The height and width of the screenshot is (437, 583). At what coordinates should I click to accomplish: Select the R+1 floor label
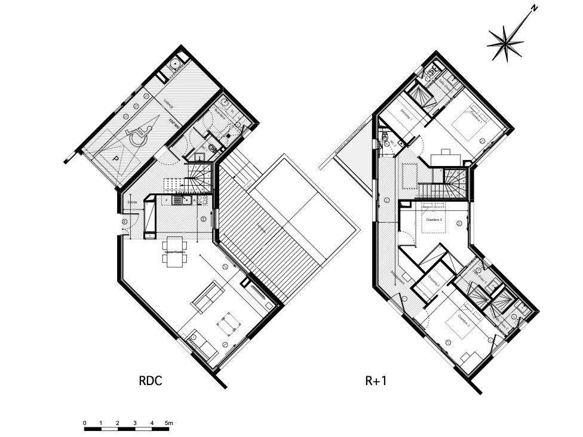click(376, 380)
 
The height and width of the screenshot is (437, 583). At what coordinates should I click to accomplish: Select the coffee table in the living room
click(228, 324)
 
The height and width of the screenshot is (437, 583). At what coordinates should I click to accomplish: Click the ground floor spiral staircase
click(200, 178)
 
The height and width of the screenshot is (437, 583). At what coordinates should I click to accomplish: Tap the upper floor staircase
click(453, 182)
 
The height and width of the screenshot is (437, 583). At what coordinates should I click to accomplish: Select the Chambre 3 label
click(434, 219)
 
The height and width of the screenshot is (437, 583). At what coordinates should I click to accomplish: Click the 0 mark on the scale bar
click(85, 423)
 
